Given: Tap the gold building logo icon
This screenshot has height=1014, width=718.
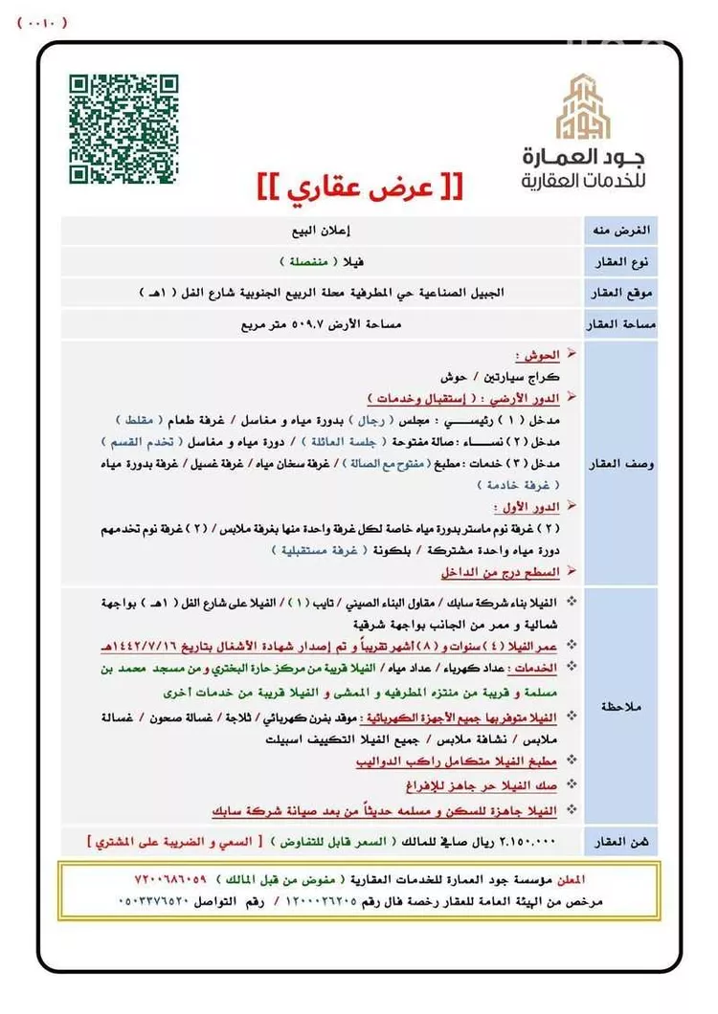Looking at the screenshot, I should (585, 107).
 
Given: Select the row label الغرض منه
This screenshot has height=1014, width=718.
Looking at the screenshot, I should (629, 231).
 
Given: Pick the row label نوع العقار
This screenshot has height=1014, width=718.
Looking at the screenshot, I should (629, 262).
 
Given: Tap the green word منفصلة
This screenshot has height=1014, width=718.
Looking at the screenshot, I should (299, 261).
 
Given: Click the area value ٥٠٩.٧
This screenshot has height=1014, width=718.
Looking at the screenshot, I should (300, 324).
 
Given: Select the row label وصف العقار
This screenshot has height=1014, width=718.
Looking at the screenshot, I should (629, 463).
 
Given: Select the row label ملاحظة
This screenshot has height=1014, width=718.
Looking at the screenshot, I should (629, 705).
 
